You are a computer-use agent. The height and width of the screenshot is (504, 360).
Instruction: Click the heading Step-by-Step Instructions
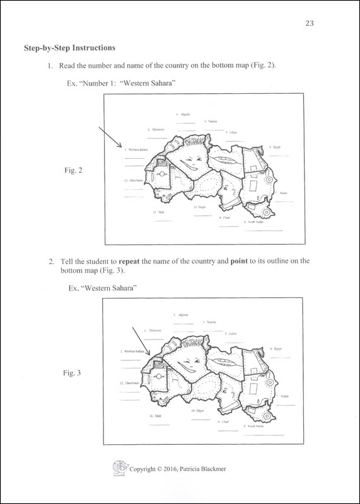[x=69, y=48]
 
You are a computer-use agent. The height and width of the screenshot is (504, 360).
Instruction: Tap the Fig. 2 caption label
[x=74, y=170]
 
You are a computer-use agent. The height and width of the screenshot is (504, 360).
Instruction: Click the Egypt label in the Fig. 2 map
[x=276, y=147]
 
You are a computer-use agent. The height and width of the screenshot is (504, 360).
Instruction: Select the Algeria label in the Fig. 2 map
[x=183, y=115]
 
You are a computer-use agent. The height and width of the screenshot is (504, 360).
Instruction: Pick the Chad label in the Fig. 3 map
[x=224, y=421]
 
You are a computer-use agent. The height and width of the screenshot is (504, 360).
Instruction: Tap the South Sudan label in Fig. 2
[x=255, y=222]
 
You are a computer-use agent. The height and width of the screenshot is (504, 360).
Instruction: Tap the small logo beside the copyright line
[x=118, y=467]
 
